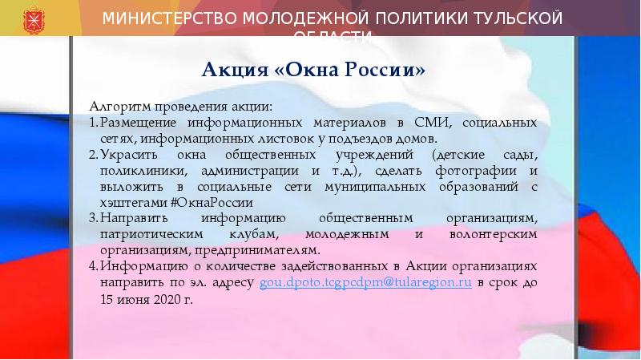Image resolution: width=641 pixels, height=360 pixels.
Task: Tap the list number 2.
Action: pos(93,156)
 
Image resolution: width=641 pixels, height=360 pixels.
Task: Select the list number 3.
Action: pos(93,219)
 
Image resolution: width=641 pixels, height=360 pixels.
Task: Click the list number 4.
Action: pos(93,266)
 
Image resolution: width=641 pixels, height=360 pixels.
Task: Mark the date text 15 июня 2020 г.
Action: pos(147,301)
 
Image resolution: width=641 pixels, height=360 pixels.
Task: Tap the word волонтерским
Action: pos(492,234)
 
